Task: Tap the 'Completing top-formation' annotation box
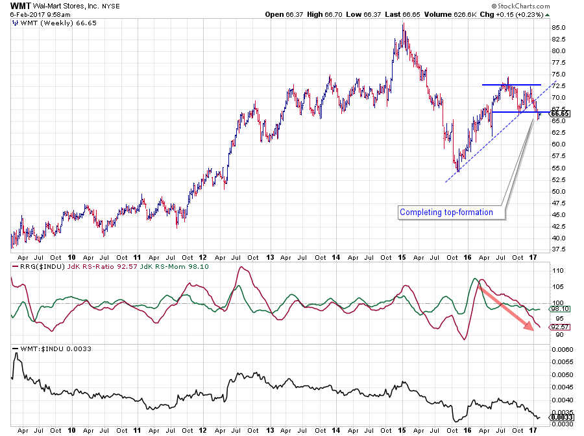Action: point(446,212)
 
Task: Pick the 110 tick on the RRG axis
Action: point(557,271)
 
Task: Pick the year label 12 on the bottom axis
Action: point(204,430)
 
